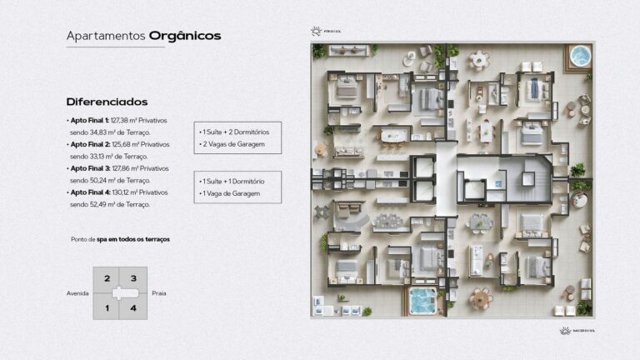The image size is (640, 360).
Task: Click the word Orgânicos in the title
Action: [185, 36]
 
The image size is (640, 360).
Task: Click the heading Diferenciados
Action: [107, 101]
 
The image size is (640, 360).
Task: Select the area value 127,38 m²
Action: [124, 122]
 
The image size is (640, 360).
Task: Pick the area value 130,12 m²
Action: [125, 192]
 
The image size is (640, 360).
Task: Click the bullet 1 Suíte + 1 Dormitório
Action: [232, 181]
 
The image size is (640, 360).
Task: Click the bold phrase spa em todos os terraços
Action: [133, 239]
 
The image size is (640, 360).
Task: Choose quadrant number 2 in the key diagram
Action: [107, 278]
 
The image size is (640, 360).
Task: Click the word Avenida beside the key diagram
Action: [77, 293]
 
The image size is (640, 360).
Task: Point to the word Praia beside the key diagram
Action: [159, 293]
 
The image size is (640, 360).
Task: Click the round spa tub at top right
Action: [579, 57]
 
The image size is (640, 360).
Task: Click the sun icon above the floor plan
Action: [316, 32]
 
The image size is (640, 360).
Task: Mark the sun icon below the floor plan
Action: [564, 331]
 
